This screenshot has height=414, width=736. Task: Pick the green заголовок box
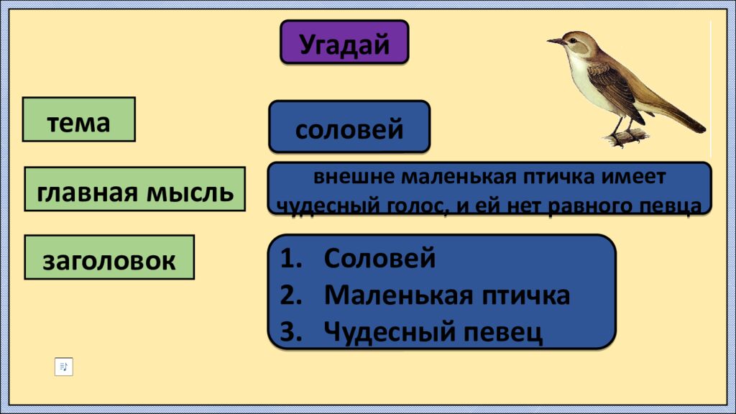click(x=109, y=257)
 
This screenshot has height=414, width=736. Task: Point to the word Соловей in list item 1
click(x=379, y=257)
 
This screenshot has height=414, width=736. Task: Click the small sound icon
click(x=64, y=367)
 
